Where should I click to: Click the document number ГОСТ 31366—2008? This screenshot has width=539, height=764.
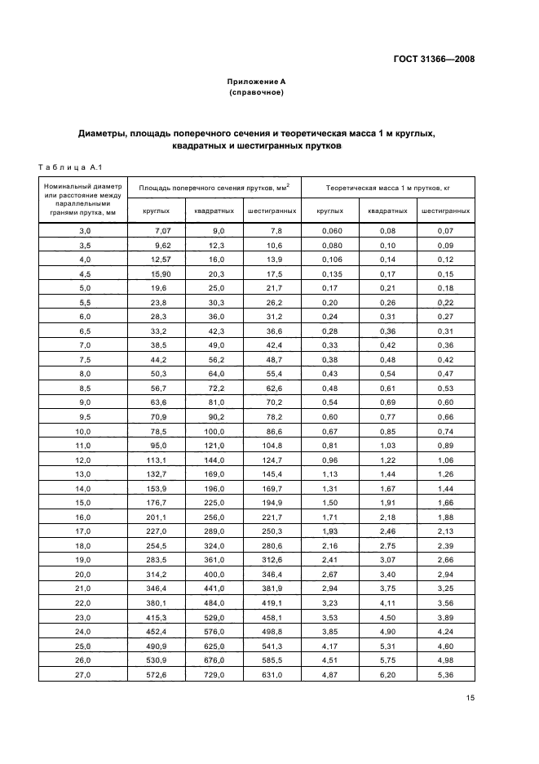pyautogui.click(x=434, y=58)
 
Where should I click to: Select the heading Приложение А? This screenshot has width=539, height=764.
pyautogui.click(x=256, y=82)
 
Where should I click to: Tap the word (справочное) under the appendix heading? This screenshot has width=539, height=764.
pyautogui.click(x=256, y=92)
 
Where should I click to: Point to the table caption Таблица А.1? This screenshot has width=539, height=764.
pyautogui.click(x=68, y=168)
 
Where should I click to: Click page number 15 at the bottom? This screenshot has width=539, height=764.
pyautogui.click(x=470, y=697)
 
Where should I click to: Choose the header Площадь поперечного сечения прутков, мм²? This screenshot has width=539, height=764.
pyautogui.click(x=215, y=188)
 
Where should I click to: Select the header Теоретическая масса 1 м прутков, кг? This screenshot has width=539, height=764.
pyautogui.click(x=388, y=188)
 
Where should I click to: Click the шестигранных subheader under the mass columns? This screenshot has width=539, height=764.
pyautogui.click(x=445, y=211)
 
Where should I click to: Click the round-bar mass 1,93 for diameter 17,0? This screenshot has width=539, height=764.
pyautogui.click(x=329, y=531)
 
